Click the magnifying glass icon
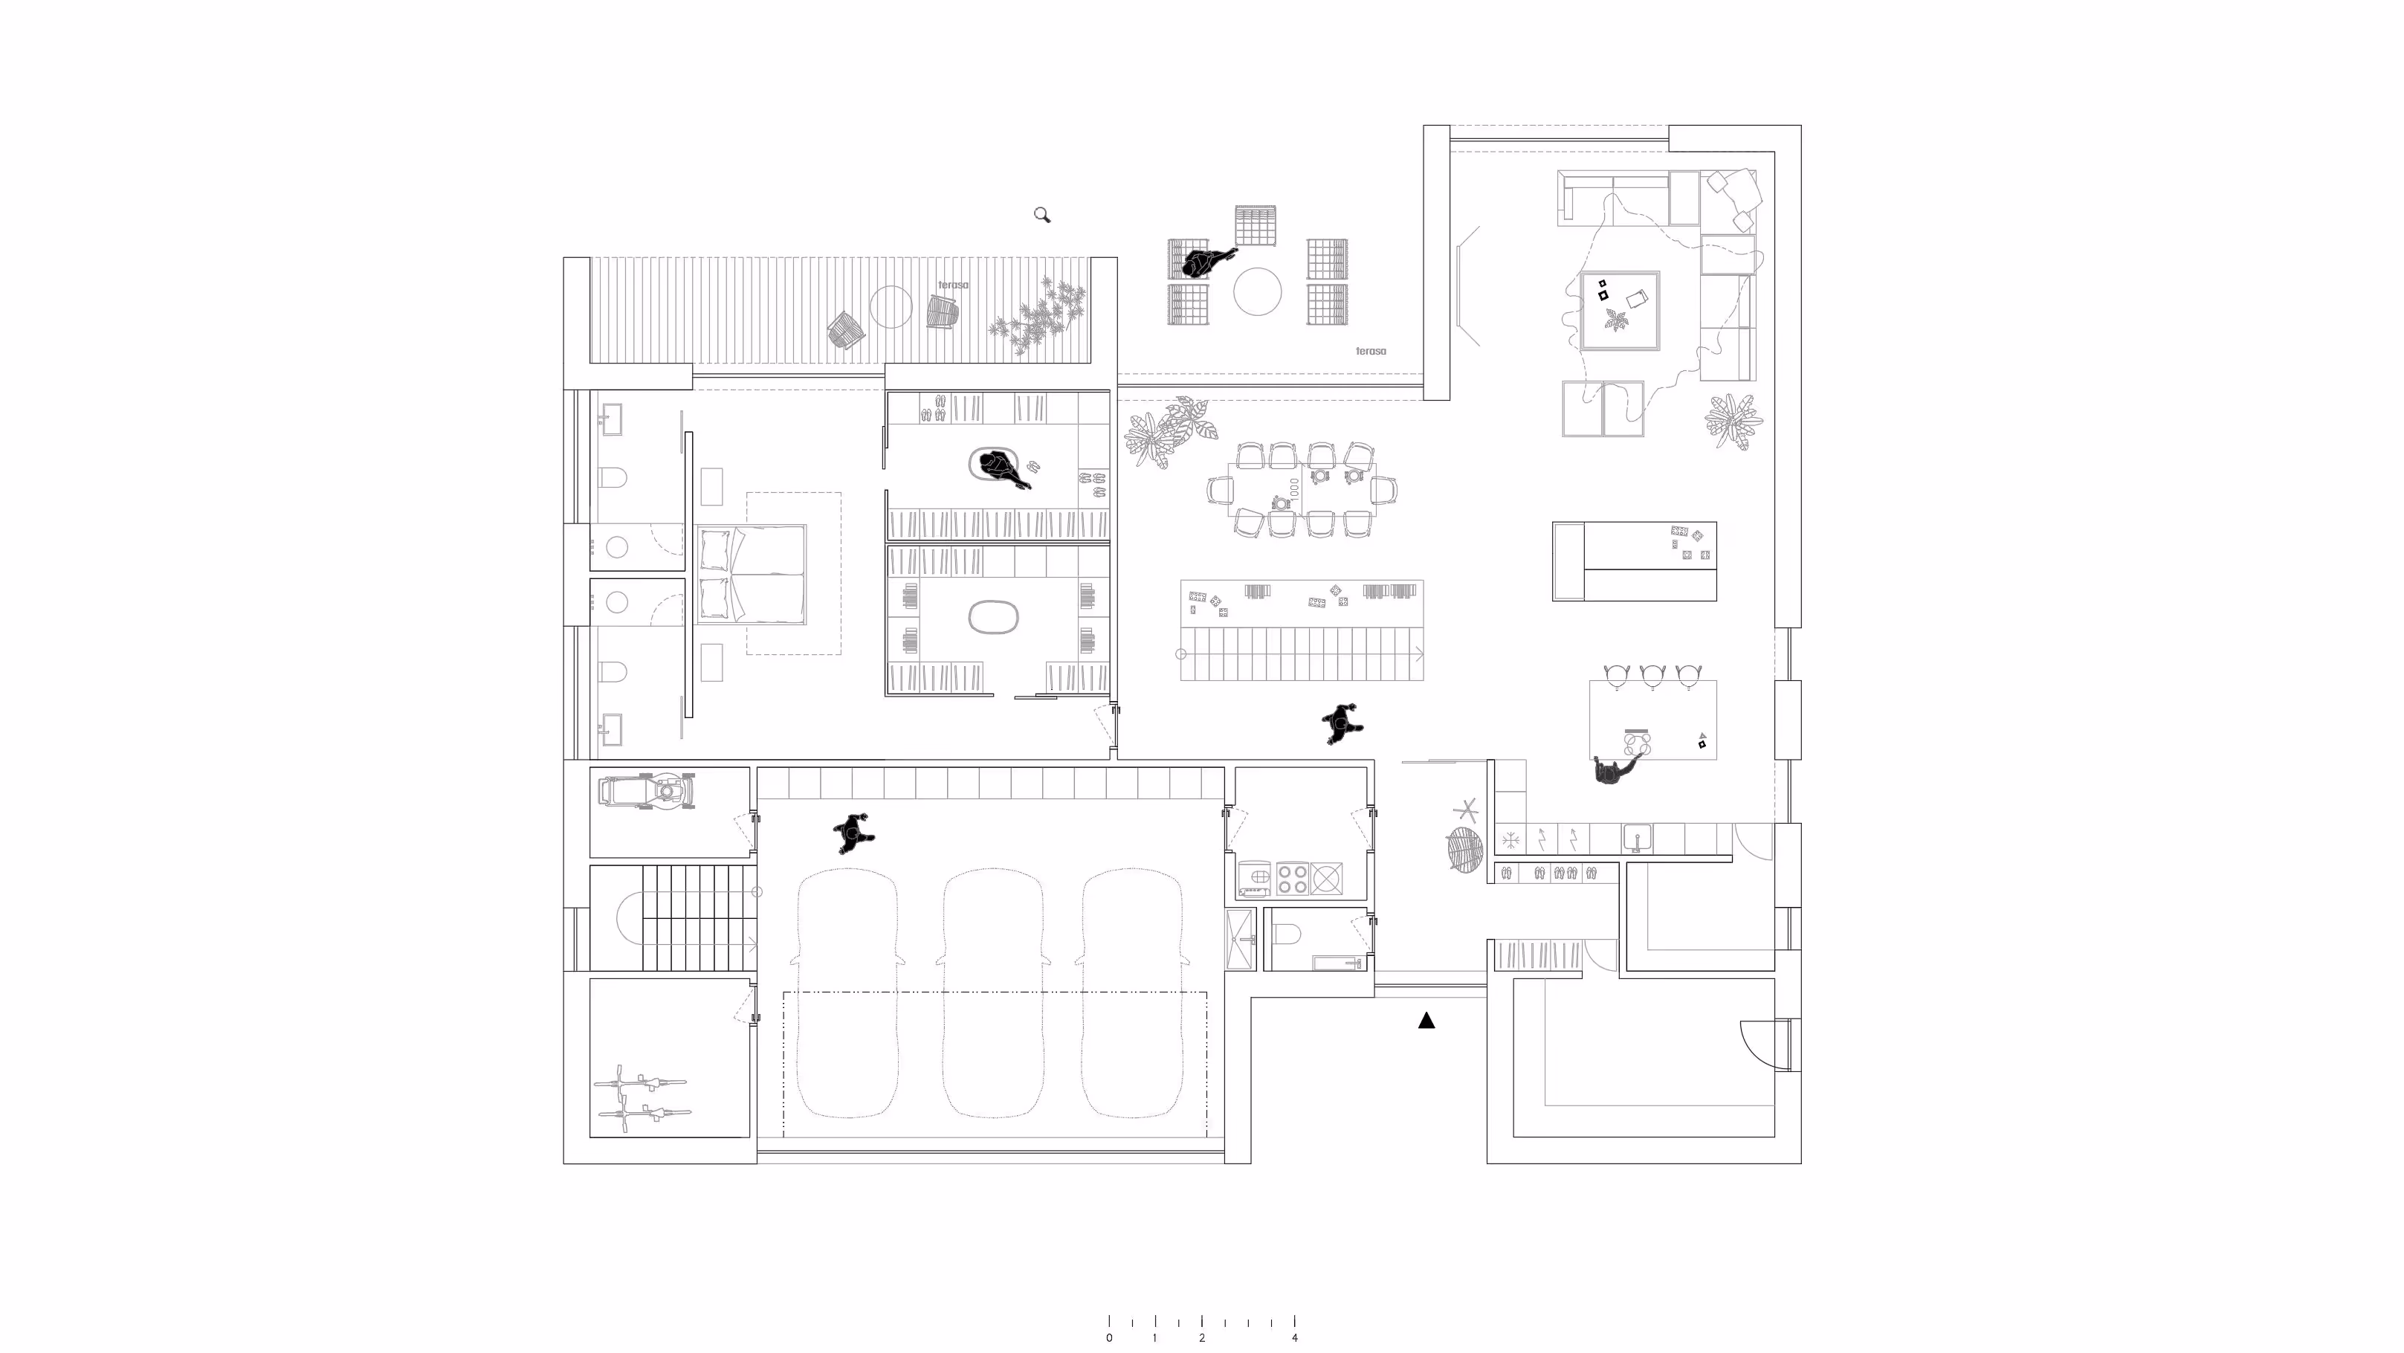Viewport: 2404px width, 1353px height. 1042,216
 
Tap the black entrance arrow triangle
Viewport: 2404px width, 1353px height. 1426,1021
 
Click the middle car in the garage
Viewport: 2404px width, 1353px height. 992,993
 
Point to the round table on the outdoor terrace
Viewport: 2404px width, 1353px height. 1257,292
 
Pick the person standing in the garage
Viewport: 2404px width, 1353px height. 853,833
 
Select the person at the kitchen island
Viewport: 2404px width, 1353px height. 1612,771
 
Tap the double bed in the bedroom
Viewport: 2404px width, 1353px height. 752,573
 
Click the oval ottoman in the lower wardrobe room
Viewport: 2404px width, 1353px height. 993,618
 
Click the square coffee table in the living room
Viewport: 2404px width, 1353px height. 1620,311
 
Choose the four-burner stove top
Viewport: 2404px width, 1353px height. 1292,878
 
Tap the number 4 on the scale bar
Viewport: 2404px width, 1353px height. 1294,1338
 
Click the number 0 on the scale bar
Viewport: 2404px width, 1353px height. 1108,1338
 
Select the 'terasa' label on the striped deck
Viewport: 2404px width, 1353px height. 953,285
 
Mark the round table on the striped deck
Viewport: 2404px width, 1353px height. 891,306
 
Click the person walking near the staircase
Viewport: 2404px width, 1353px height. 1341,724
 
